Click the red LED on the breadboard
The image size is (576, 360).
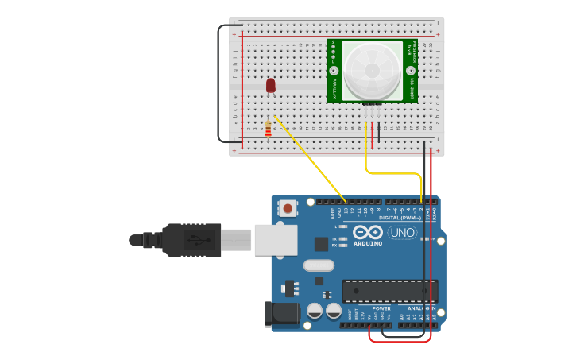pos(271,84)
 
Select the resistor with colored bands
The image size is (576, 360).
pos(268,128)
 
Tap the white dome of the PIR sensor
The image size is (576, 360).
pos(372,70)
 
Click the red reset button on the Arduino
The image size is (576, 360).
pos(288,208)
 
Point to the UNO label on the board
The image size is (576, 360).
pos(402,233)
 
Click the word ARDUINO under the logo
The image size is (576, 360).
pos(368,243)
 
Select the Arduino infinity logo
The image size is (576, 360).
pos(368,232)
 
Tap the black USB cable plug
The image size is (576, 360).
pos(191,239)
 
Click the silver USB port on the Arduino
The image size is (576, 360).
pos(275,239)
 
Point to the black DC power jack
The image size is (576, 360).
pos(282,314)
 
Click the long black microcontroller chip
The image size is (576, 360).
pos(389,290)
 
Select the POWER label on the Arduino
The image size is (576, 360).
pos(381,308)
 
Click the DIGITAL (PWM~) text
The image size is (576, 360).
pos(400,217)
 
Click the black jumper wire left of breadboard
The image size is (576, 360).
pos(219,87)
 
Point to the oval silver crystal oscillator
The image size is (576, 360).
pos(319,265)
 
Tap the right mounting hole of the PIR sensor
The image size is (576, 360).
pos(412,71)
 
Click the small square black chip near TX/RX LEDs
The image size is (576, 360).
pos(321,244)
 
